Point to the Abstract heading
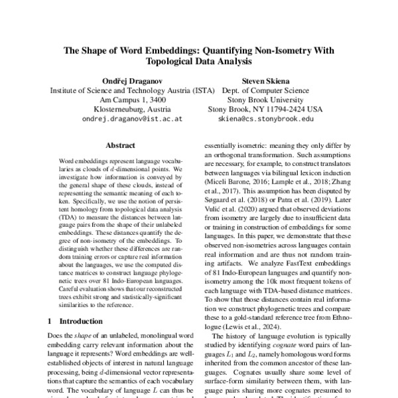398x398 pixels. click(x=120, y=145)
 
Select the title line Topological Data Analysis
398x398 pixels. click(x=199, y=61)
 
